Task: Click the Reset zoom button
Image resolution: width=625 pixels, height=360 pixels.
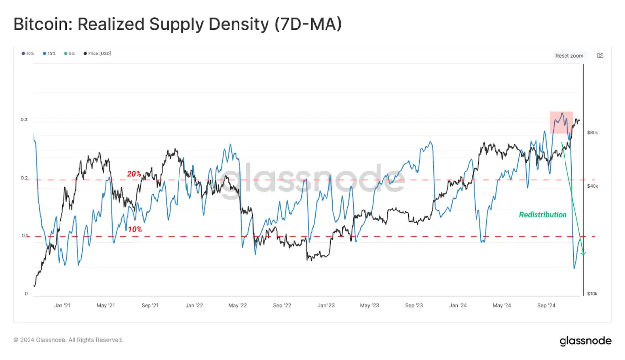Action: point(569,56)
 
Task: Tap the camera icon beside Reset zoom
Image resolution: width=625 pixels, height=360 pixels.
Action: point(600,55)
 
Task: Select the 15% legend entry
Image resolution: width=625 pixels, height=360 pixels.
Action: point(49,53)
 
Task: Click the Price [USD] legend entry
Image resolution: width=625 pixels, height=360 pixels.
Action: point(97,53)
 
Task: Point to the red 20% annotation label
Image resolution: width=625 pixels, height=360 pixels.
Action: point(134,174)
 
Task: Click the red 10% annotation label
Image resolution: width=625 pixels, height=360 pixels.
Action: point(134,229)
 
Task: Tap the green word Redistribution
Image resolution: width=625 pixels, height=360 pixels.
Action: point(543,215)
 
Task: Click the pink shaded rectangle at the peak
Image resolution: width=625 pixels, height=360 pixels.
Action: point(561,122)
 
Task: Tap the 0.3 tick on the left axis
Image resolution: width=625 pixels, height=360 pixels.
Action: point(24,120)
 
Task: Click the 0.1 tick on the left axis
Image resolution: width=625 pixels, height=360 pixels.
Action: point(24,236)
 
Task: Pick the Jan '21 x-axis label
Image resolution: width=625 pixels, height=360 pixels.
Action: point(62,306)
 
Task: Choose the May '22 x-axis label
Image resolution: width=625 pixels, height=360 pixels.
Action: point(238,306)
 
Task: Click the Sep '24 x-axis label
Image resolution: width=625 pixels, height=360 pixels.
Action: point(546,306)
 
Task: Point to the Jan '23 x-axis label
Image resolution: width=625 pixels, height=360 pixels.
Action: point(326,306)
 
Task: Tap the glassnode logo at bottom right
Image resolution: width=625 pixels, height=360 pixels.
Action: point(585,341)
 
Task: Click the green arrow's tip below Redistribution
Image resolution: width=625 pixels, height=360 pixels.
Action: point(583,254)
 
